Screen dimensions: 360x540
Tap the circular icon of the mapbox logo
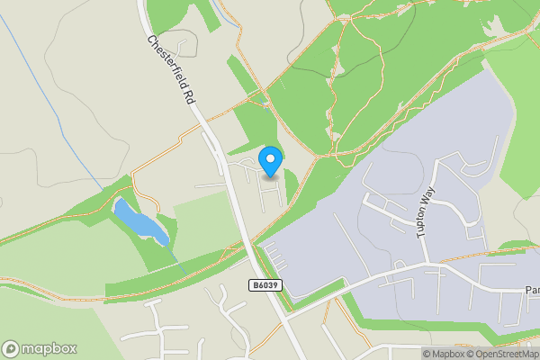(12, 349)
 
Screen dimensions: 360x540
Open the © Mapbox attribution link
(446, 354)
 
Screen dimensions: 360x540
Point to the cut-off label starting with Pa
(532, 291)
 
